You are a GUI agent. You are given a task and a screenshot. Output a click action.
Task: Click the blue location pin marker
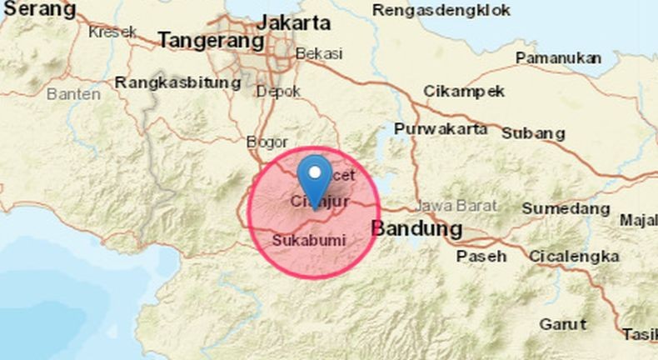coord(314,175)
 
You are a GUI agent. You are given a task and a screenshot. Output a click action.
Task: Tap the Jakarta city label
coord(294,22)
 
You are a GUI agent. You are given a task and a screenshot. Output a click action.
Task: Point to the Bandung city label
coord(416,228)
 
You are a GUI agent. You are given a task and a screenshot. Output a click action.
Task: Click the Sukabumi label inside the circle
coord(309,240)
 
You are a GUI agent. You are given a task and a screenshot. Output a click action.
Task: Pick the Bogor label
coord(267,142)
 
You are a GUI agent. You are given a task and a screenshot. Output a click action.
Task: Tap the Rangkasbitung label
coord(178,83)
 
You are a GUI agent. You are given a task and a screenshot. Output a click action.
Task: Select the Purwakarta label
coord(441,129)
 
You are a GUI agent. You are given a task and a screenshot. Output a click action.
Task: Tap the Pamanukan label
coord(559,58)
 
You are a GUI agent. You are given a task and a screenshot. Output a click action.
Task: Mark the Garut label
coord(562,323)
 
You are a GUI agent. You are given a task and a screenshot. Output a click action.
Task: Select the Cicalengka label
coord(574,256)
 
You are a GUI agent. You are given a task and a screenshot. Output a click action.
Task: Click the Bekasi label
coord(319,53)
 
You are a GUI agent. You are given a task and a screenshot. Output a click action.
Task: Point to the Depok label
coord(278,92)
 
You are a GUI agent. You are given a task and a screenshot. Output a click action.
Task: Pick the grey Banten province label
coord(73,94)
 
